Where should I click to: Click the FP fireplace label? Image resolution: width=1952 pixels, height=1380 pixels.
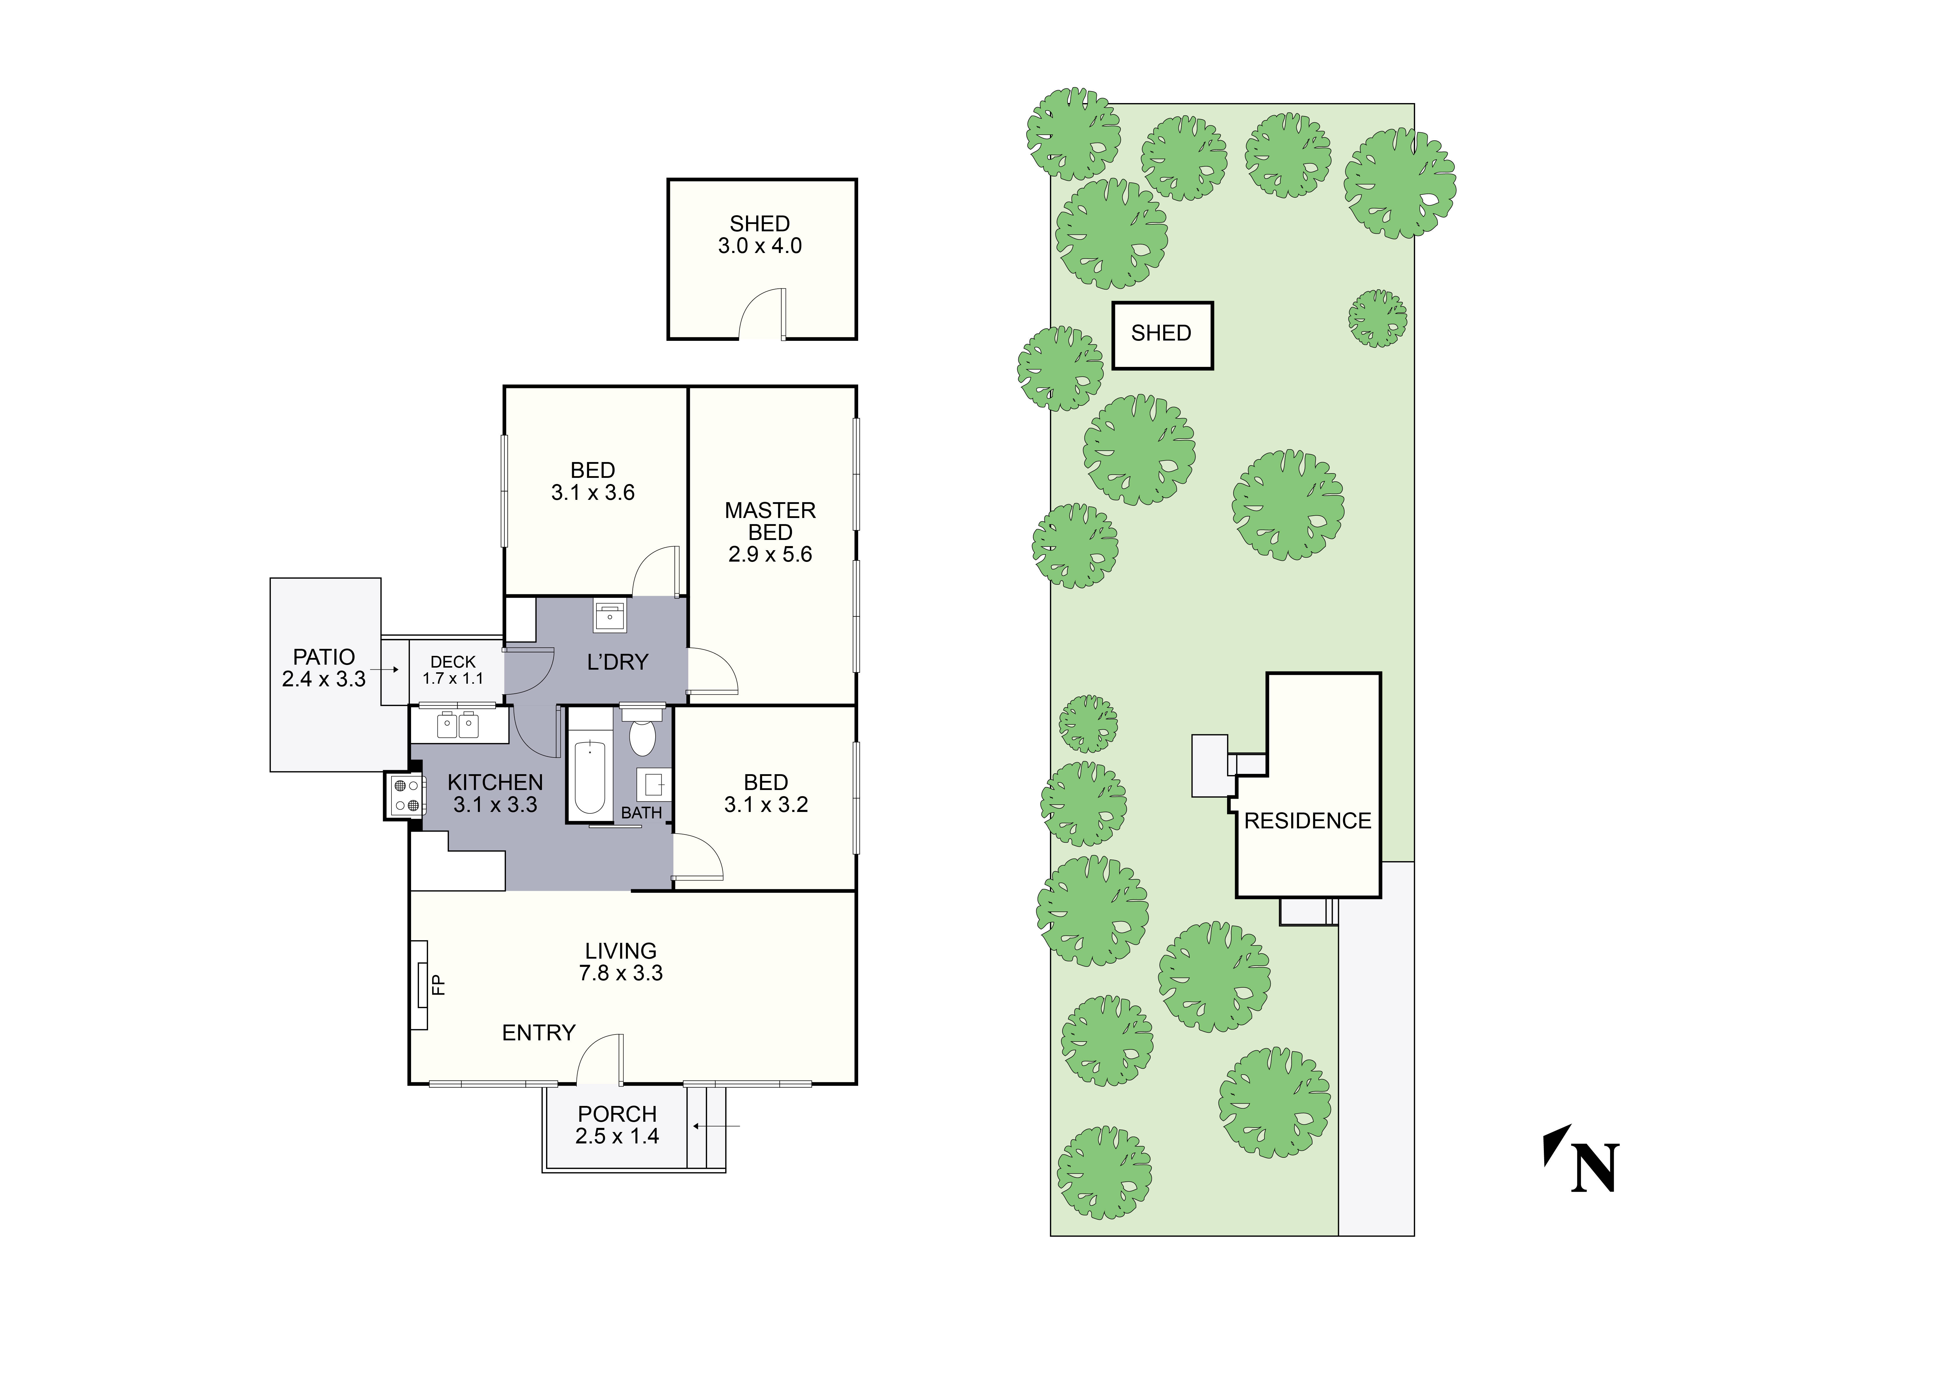[x=439, y=985]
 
